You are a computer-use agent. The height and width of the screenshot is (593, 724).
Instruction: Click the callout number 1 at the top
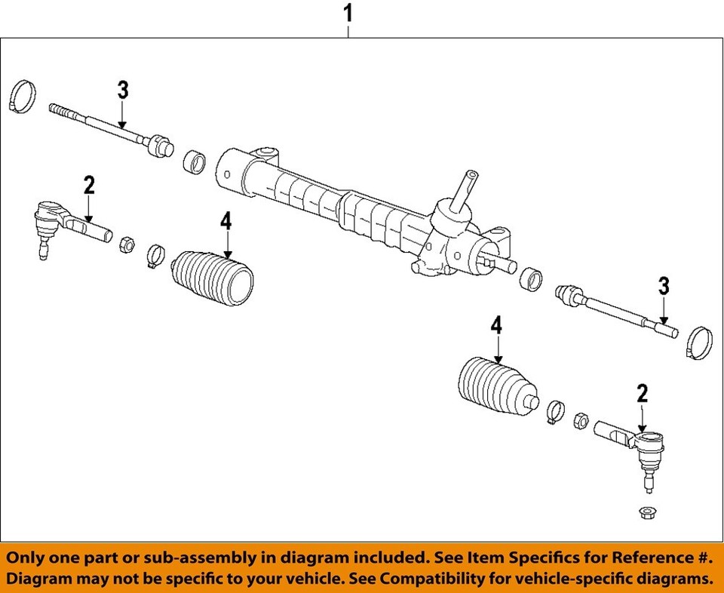coord(348,13)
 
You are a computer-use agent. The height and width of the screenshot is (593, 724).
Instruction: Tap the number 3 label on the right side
coord(664,286)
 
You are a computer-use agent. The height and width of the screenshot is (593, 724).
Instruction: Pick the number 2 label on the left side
coord(89,185)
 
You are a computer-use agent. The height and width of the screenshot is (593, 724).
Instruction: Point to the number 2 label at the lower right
coord(642,393)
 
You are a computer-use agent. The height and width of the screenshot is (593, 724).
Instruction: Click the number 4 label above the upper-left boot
coord(226,222)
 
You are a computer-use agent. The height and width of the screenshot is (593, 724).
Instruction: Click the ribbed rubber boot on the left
coord(213,281)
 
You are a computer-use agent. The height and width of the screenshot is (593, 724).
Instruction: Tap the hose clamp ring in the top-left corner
coord(23,96)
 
